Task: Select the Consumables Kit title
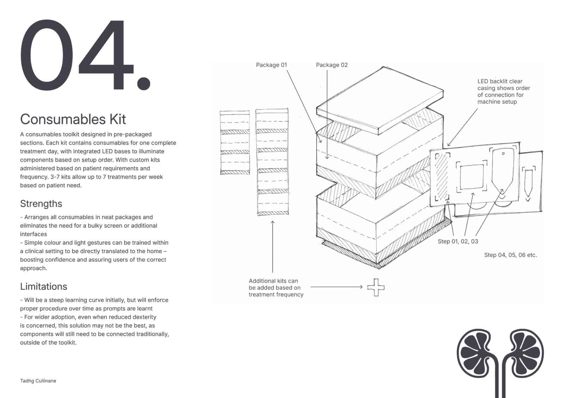(x=73, y=119)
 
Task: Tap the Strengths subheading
(x=41, y=204)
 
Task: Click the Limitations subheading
(x=44, y=286)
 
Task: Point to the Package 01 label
(x=271, y=65)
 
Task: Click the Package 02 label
(x=332, y=65)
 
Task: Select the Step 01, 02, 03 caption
(x=458, y=241)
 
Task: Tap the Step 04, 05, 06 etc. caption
(x=511, y=255)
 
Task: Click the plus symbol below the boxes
(x=376, y=288)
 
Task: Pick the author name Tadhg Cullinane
(x=38, y=381)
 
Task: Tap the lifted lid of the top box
(x=380, y=101)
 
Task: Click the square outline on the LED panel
(x=472, y=177)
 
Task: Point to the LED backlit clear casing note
(x=504, y=91)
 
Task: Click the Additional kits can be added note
(x=276, y=288)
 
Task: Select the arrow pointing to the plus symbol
(x=336, y=287)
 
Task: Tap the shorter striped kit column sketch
(x=235, y=142)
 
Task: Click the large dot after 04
(x=144, y=83)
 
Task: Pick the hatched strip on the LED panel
(x=442, y=177)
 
